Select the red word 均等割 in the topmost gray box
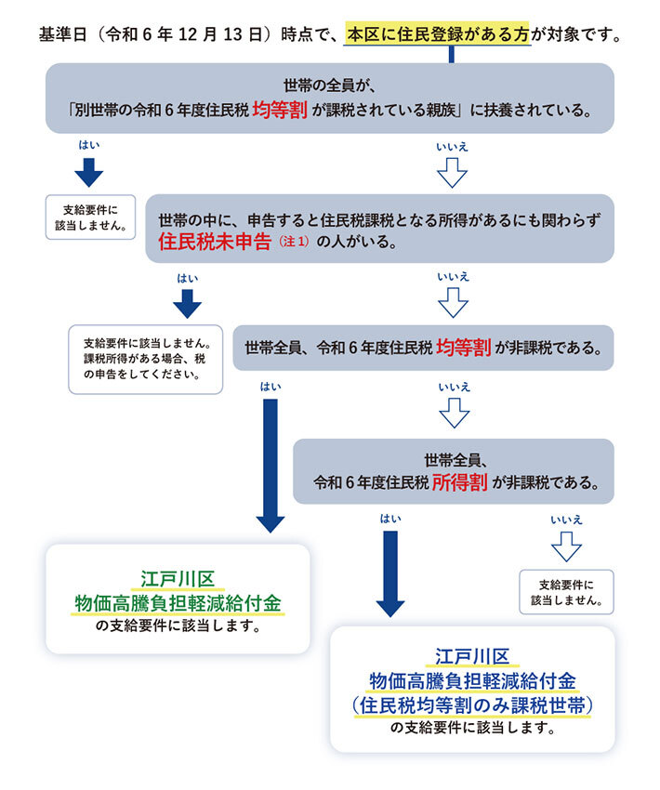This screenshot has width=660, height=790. pyautogui.click(x=280, y=109)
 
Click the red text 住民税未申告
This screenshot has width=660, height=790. pyautogui.click(x=214, y=243)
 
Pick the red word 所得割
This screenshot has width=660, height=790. pyautogui.click(x=461, y=482)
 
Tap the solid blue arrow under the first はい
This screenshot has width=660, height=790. pyautogui.click(x=88, y=172)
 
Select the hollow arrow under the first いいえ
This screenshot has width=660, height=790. pyautogui.click(x=452, y=172)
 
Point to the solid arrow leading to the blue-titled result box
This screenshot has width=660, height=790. pyautogui.click(x=390, y=572)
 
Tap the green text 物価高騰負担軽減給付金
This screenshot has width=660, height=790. pyautogui.click(x=178, y=603)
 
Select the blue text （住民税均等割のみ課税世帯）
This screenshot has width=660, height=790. pyautogui.click(x=473, y=704)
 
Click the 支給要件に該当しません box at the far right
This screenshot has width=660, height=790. pyautogui.click(x=566, y=592)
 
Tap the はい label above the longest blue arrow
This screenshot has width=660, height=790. pyautogui.click(x=270, y=386)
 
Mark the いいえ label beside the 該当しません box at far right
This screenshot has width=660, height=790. pyautogui.click(x=565, y=520)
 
